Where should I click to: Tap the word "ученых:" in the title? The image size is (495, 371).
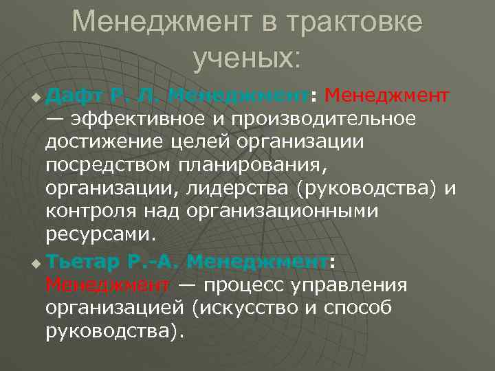coord(247,58)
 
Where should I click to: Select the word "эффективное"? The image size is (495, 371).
coord(140,118)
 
